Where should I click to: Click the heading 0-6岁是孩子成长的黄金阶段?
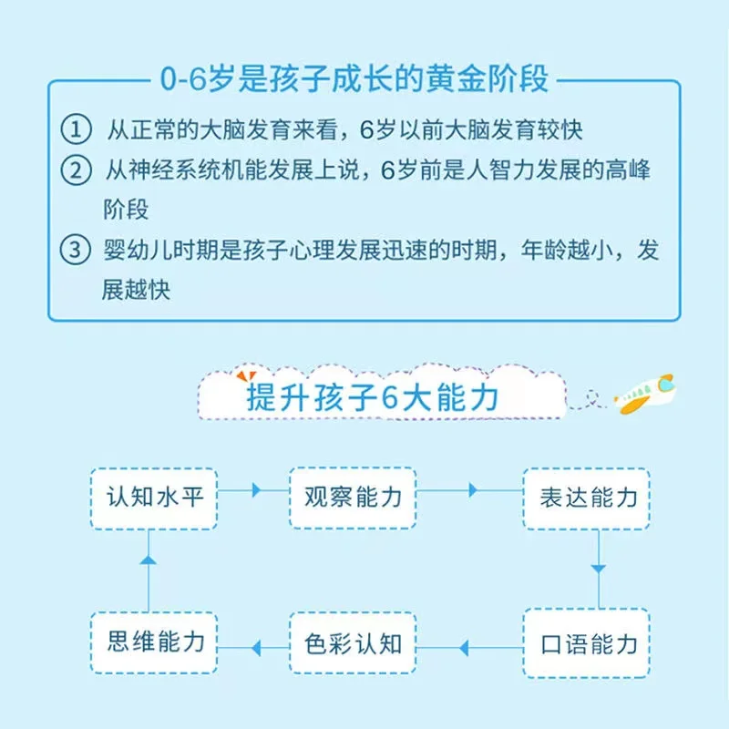pos(354,79)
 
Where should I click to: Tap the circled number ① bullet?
pos(76,129)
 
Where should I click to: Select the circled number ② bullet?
pos(76,170)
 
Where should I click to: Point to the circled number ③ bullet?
pos(76,251)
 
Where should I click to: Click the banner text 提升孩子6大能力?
pos(372,398)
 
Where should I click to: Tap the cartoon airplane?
pos(644,393)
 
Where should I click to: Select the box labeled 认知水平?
pos(153,498)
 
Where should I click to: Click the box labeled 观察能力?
pos(352,498)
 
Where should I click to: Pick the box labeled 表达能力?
pos(586,498)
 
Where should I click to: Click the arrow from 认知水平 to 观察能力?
pos(254,490)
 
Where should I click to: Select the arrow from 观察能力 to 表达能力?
pos(471,490)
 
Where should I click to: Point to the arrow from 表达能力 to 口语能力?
pos(598,569)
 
